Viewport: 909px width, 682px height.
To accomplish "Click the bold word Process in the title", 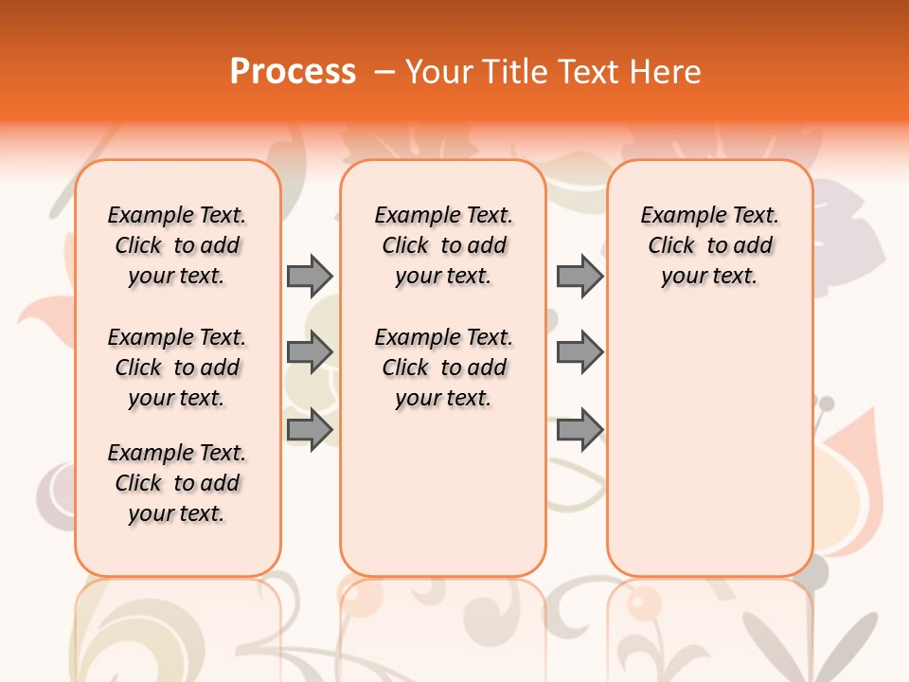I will click(x=293, y=71).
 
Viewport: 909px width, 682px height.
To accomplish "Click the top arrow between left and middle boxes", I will click(x=310, y=276).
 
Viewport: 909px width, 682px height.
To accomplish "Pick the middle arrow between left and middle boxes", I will click(x=310, y=352).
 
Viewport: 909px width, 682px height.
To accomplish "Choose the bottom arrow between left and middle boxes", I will click(x=310, y=429).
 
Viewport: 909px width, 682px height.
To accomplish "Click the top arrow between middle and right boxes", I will click(x=579, y=276).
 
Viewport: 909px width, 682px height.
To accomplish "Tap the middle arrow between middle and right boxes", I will click(x=579, y=352).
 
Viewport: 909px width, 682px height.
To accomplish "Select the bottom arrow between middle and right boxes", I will click(x=579, y=429).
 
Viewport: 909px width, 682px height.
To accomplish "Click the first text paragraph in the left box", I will click(x=177, y=245).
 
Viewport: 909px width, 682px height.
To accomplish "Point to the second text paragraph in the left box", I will click(x=177, y=368).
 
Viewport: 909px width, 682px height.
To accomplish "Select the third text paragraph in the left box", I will click(x=177, y=483).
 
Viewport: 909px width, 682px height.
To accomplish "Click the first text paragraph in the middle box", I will click(x=444, y=245).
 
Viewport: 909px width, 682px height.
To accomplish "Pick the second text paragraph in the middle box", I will click(x=444, y=368).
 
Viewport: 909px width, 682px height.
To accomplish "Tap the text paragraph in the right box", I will click(x=710, y=245).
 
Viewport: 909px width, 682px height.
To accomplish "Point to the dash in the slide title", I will click(x=383, y=71).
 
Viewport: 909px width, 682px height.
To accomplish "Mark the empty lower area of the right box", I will click(x=710, y=445).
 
